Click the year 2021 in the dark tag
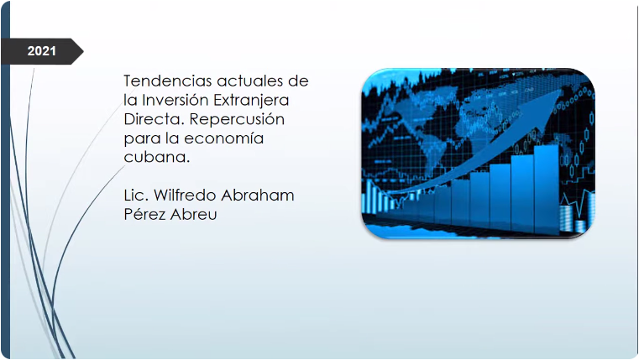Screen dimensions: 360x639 (41, 51)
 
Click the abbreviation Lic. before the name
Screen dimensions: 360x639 (137, 196)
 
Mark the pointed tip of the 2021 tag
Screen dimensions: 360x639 (81, 51)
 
